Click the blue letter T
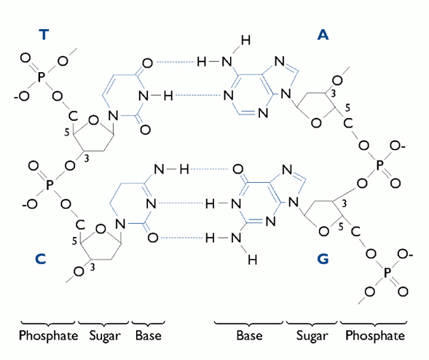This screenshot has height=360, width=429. tap(44, 35)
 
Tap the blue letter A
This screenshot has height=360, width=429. tap(323, 35)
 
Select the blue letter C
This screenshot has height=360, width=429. tap(41, 259)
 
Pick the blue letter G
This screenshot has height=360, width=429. tap(323, 259)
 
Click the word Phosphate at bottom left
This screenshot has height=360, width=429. tap(48, 336)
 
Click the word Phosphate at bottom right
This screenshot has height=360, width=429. tap(375, 336)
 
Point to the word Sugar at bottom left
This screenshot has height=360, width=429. tap(105, 337)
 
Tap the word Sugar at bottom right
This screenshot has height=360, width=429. tap(312, 337)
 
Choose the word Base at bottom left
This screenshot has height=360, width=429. tap(149, 336)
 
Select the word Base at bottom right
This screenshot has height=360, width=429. tap(249, 336)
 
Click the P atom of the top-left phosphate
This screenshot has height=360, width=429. tap(41, 77)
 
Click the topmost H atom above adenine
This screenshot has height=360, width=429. tap(245, 41)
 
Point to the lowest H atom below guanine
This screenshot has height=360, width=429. tap(253, 259)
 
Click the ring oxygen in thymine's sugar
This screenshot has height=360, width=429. tap(93, 120)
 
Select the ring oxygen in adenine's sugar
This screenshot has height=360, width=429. tap(316, 123)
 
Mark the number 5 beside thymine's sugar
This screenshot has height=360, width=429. tap(67, 133)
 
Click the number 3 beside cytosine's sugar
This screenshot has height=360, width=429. tap(93, 267)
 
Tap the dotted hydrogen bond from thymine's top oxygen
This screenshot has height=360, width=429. tap(175, 63)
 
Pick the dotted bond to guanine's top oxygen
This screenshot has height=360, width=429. tap(210, 169)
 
